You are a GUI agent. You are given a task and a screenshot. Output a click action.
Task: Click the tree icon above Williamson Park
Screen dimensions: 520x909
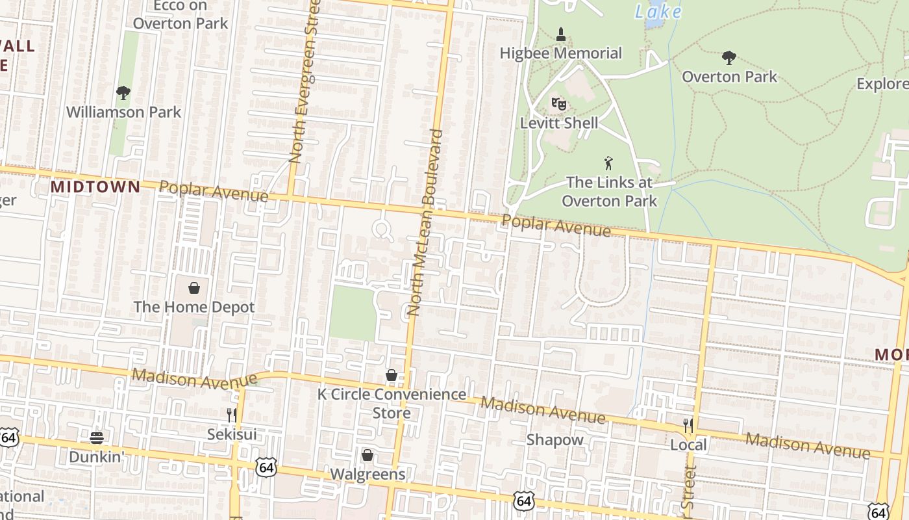(123, 93)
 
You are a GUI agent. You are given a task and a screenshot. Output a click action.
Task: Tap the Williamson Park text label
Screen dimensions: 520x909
(123, 112)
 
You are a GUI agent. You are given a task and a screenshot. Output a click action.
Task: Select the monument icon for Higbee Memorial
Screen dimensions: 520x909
(561, 34)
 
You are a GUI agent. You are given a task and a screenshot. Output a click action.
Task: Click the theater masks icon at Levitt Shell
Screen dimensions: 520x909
(558, 103)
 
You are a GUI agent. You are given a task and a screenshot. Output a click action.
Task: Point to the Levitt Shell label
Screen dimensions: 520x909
(559, 122)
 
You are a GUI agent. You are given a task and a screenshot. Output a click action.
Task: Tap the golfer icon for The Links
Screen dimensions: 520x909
(608, 163)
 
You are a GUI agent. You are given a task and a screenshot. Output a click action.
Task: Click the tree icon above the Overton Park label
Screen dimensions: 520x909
(729, 58)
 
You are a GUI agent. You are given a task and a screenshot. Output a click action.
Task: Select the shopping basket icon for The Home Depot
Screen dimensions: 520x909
(193, 287)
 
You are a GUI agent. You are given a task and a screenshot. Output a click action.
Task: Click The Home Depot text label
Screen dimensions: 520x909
(193, 307)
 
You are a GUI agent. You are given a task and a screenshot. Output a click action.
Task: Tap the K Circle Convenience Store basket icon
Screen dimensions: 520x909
(392, 375)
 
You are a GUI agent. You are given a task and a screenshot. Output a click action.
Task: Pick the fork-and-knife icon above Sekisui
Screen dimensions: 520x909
(231, 415)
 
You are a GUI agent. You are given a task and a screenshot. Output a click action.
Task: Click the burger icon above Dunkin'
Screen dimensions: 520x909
(97, 437)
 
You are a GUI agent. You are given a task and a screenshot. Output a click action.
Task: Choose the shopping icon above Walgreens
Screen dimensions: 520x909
(367, 455)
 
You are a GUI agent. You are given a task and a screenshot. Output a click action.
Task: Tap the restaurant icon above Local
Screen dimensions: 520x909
(688, 426)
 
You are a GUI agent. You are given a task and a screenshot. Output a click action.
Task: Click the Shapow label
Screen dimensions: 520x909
(554, 440)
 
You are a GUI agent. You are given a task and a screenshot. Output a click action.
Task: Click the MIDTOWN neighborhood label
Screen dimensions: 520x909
(95, 187)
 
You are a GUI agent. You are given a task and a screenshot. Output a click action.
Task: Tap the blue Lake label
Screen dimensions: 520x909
(658, 12)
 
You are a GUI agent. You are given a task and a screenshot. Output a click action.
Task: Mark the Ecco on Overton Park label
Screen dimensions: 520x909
(181, 15)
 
